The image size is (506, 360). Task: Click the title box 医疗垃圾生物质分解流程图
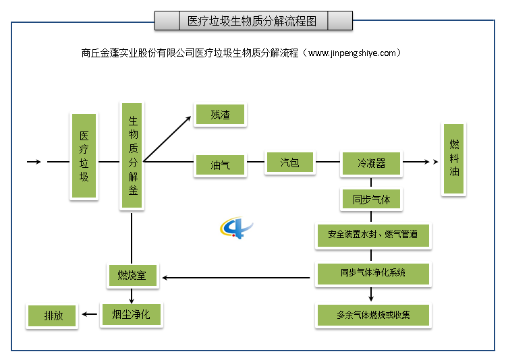pos(253,21)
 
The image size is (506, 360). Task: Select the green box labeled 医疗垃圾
pos(84,156)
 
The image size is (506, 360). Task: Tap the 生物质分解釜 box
pos(132,156)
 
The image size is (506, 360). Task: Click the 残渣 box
pos(220,115)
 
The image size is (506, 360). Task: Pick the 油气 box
pos(220,164)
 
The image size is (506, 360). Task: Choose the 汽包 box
pos(289,162)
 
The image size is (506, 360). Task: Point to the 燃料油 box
pos(454,159)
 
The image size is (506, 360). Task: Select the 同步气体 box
pos(371,200)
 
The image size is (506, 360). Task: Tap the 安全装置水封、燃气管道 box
pos(372,235)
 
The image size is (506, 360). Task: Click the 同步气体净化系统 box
pos(372,274)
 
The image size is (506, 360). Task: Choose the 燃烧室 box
pos(133,275)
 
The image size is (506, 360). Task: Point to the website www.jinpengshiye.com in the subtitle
pos(354,53)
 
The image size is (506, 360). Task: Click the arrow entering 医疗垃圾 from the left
pos(34,162)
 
